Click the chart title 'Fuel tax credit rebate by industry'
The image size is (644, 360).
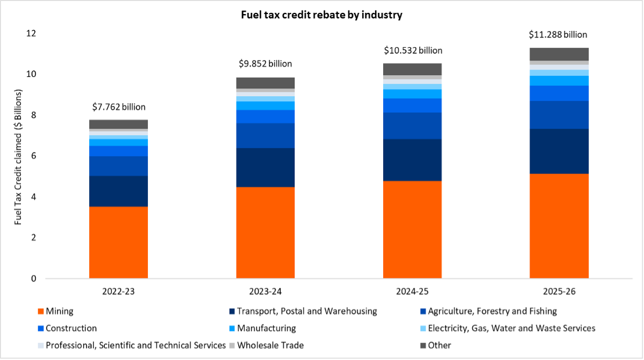(321, 15)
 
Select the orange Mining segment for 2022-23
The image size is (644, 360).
(118, 242)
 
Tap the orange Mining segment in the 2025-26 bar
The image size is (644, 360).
(559, 226)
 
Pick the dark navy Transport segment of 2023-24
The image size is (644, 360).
(265, 168)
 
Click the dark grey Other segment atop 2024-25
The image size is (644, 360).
(412, 69)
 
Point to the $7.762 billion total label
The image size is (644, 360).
(119, 107)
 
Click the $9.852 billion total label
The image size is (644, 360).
(266, 64)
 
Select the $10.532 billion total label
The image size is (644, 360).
(413, 51)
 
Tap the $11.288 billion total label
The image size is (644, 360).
(558, 35)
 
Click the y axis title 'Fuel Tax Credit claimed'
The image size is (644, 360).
(19, 157)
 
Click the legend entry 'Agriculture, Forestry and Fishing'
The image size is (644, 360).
(492, 311)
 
